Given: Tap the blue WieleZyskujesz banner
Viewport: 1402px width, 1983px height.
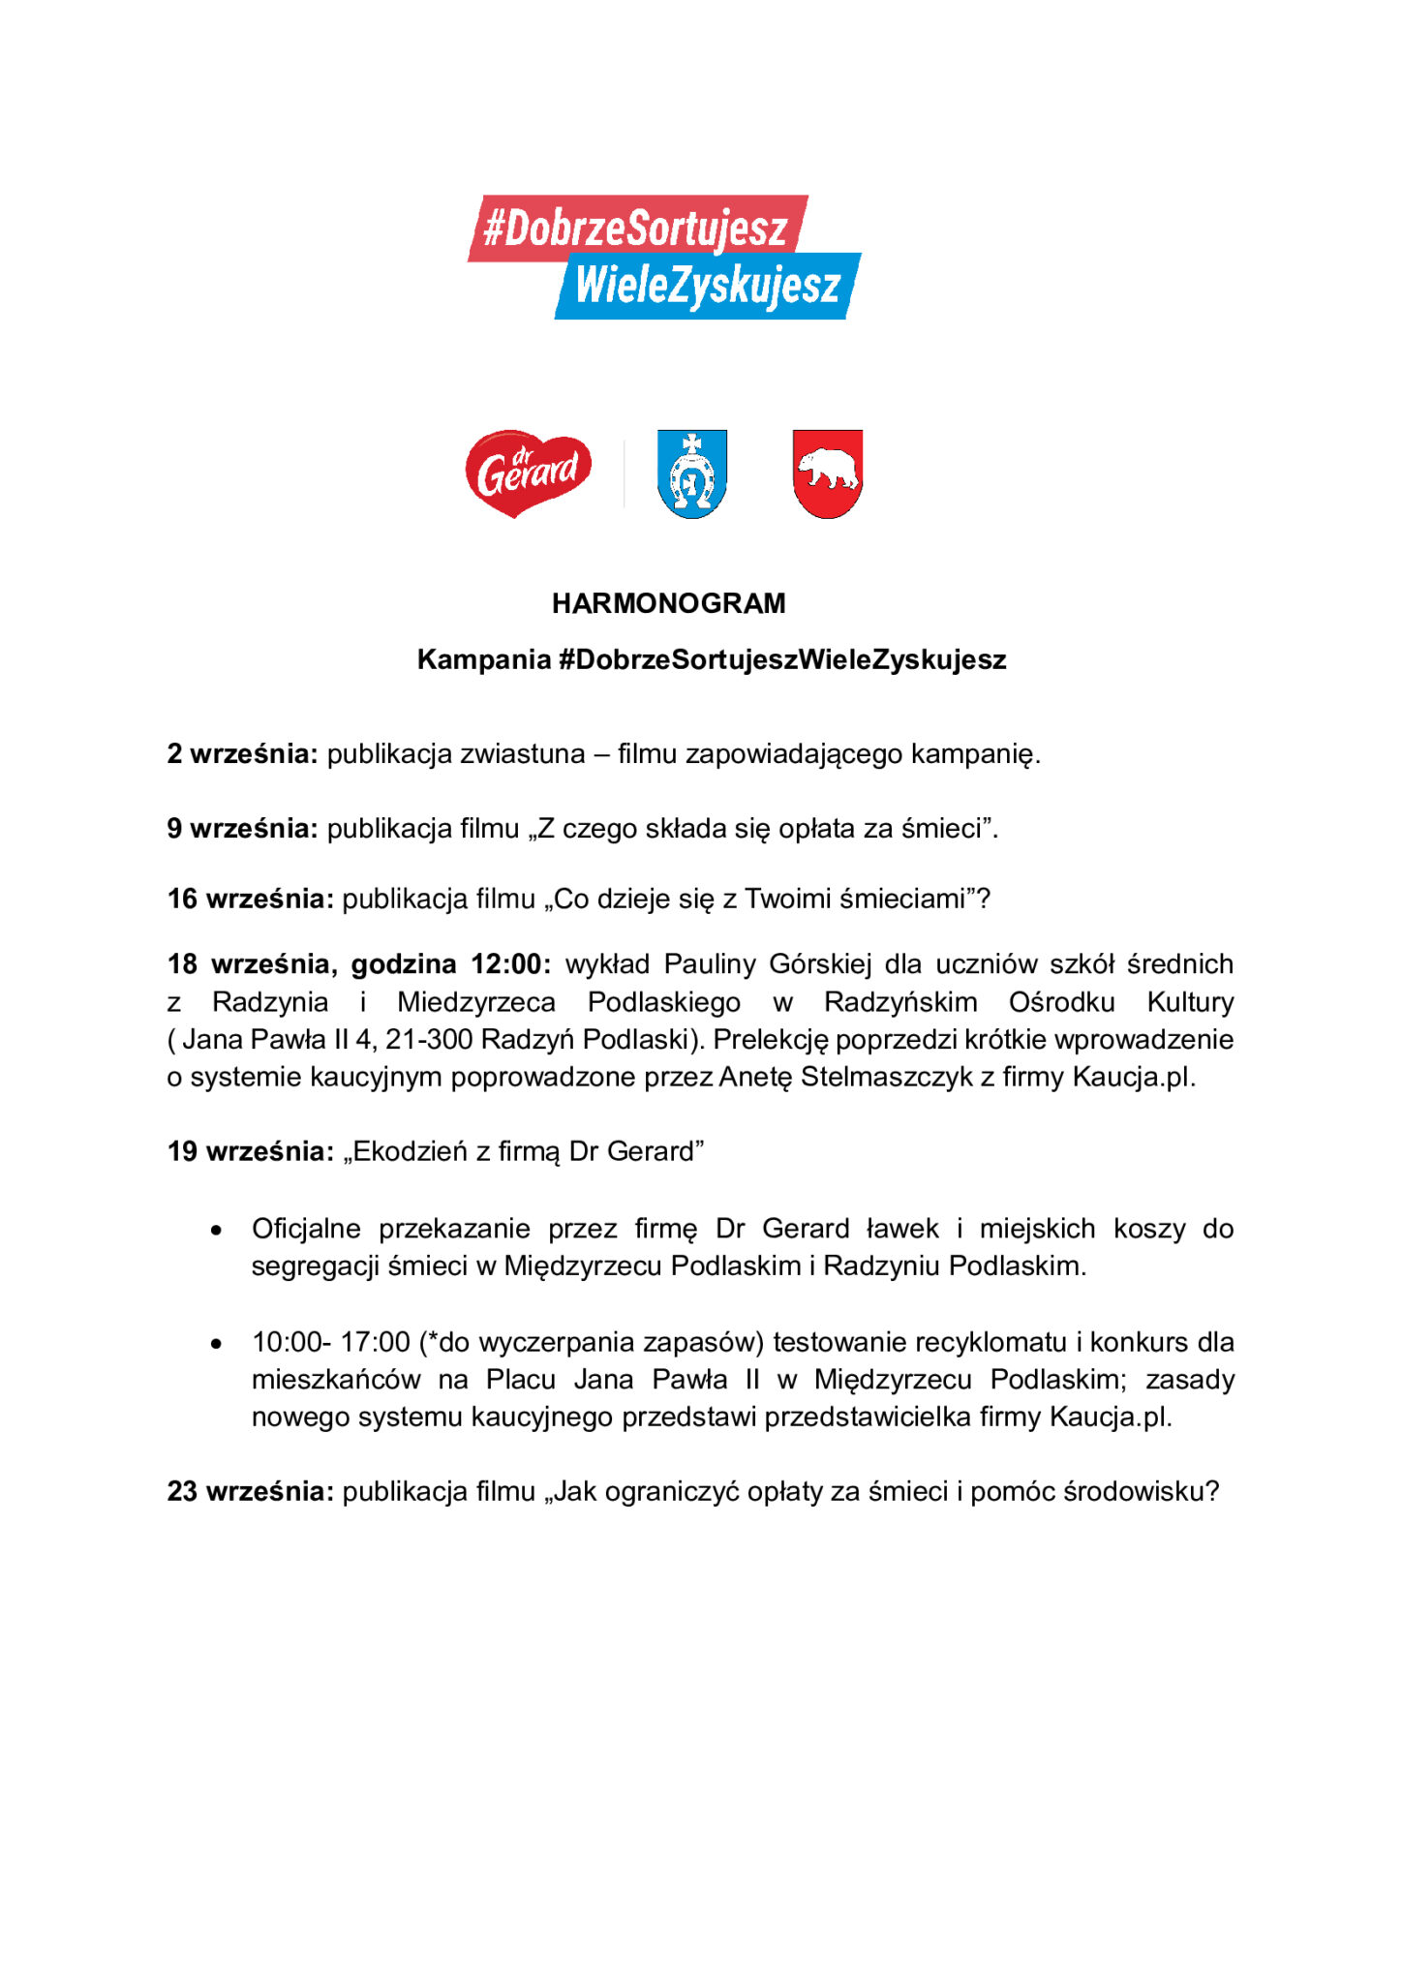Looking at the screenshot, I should click(707, 287).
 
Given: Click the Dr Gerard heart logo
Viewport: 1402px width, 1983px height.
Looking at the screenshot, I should click(528, 473).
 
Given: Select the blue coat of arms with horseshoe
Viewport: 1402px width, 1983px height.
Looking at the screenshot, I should click(691, 473).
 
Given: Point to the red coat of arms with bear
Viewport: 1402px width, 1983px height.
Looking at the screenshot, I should click(827, 473).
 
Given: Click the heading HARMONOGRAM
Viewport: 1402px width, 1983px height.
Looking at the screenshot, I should click(668, 603).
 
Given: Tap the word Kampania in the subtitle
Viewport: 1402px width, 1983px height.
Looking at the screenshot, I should click(483, 659).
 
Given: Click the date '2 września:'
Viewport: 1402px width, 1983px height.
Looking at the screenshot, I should click(242, 753).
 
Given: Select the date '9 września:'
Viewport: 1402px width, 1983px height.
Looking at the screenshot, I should click(242, 828).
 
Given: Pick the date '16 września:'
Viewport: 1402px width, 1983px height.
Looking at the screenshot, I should click(250, 899).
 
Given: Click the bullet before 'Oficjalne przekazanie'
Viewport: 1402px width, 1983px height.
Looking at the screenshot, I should click(217, 1231).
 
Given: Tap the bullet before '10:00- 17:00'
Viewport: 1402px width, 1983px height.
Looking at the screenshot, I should click(217, 1344).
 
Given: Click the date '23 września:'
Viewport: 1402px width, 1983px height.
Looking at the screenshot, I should click(250, 1491).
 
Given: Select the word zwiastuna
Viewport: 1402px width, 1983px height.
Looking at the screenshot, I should click(522, 753).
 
